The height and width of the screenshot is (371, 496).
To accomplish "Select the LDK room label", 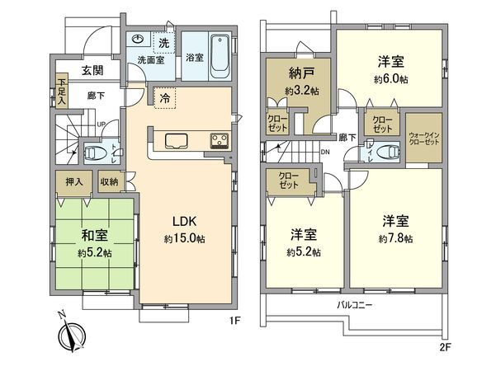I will click(x=182, y=220).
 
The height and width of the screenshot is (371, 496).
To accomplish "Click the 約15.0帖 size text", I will click(x=182, y=239).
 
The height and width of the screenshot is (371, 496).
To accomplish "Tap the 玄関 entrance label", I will click(x=92, y=72).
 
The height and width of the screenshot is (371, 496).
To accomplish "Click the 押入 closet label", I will click(x=72, y=181).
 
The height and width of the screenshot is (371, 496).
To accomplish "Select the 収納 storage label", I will click(x=110, y=181).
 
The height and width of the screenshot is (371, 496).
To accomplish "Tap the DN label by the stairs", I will click(x=326, y=153).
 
